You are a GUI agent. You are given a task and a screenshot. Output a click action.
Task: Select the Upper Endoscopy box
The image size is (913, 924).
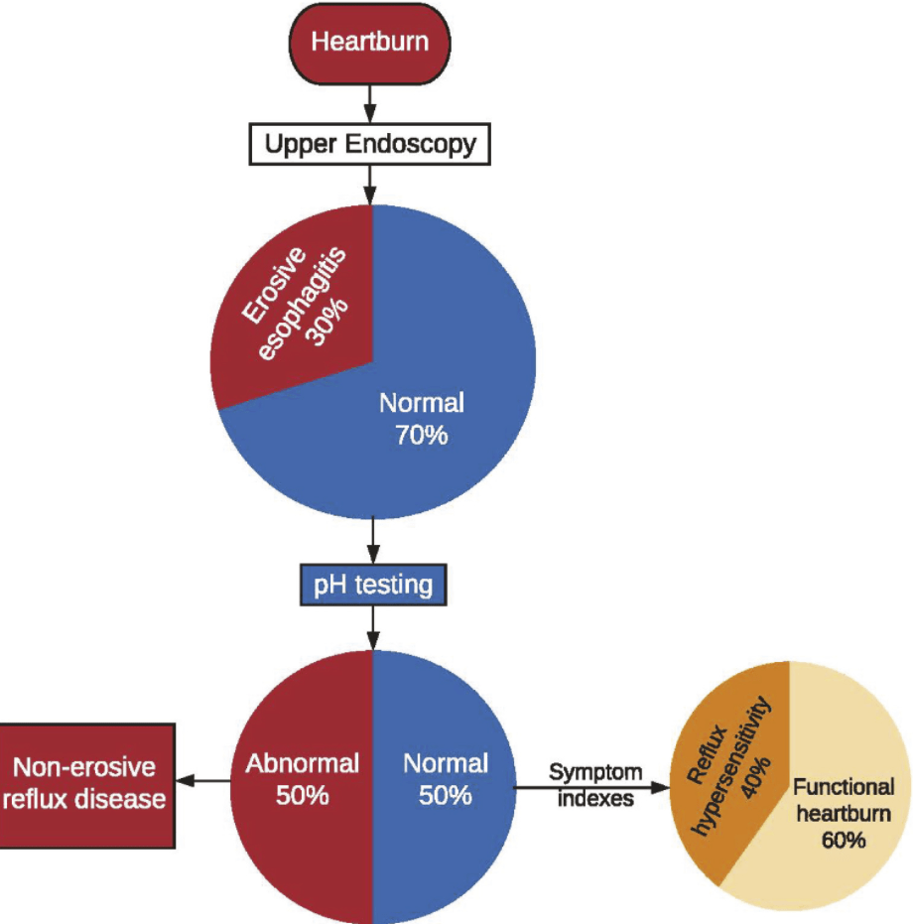(370, 145)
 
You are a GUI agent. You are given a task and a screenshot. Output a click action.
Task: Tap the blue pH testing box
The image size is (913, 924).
(373, 585)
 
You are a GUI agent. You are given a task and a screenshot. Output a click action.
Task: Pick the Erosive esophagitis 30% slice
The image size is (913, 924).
(298, 298)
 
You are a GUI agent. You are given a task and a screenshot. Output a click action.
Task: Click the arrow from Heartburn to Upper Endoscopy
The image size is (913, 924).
(370, 100)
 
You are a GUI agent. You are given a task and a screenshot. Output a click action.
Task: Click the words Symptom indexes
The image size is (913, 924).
(595, 785)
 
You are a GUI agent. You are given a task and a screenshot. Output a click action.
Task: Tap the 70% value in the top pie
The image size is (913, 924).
(421, 435)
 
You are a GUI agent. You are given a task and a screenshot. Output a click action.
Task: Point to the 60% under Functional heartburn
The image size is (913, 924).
(843, 840)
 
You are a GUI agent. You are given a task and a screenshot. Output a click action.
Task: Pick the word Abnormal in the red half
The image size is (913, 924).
(302, 763)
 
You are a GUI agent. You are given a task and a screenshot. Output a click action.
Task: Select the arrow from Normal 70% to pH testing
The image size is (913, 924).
(373, 541)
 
